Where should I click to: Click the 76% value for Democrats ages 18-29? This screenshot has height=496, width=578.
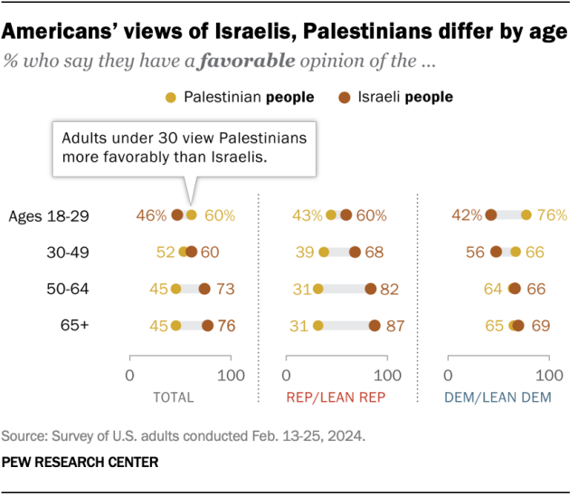(x=551, y=215)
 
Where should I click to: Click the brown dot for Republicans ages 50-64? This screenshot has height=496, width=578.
(x=371, y=289)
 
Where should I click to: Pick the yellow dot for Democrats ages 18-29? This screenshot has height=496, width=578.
(x=526, y=215)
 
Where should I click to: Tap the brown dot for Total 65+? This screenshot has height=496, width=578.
(x=208, y=325)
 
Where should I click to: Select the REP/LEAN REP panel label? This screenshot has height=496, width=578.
(x=337, y=396)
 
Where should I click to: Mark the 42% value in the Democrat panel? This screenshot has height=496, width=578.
(x=466, y=215)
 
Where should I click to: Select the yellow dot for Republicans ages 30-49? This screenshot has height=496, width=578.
(x=324, y=252)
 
